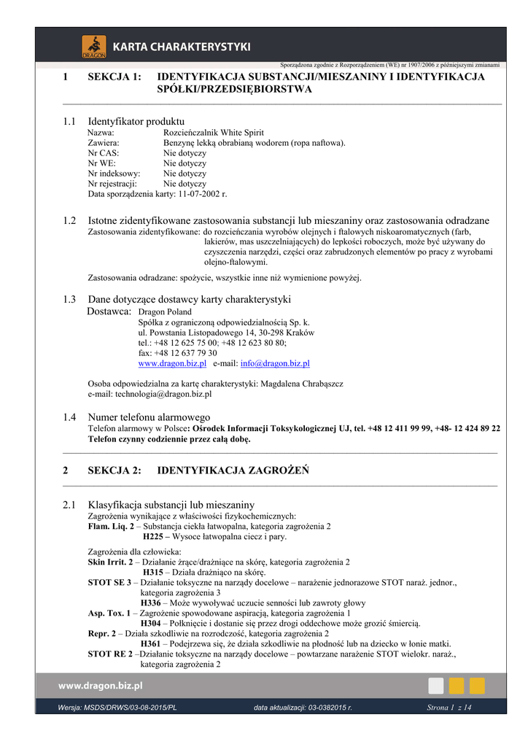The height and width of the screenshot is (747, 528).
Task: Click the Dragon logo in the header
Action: pos(93,47)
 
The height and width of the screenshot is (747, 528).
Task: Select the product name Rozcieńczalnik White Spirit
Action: pos(214,133)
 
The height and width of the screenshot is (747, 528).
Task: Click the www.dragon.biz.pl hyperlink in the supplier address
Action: pos(172,363)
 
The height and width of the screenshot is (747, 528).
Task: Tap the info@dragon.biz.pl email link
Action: pos(275,363)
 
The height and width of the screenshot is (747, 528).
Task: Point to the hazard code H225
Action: pos(154,537)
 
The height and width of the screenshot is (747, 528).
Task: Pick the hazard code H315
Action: pos(152,573)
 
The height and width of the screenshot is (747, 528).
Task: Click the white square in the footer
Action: pos(436,685)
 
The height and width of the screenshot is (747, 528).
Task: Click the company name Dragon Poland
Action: pos(165,311)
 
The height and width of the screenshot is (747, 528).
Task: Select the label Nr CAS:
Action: pos(103,153)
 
